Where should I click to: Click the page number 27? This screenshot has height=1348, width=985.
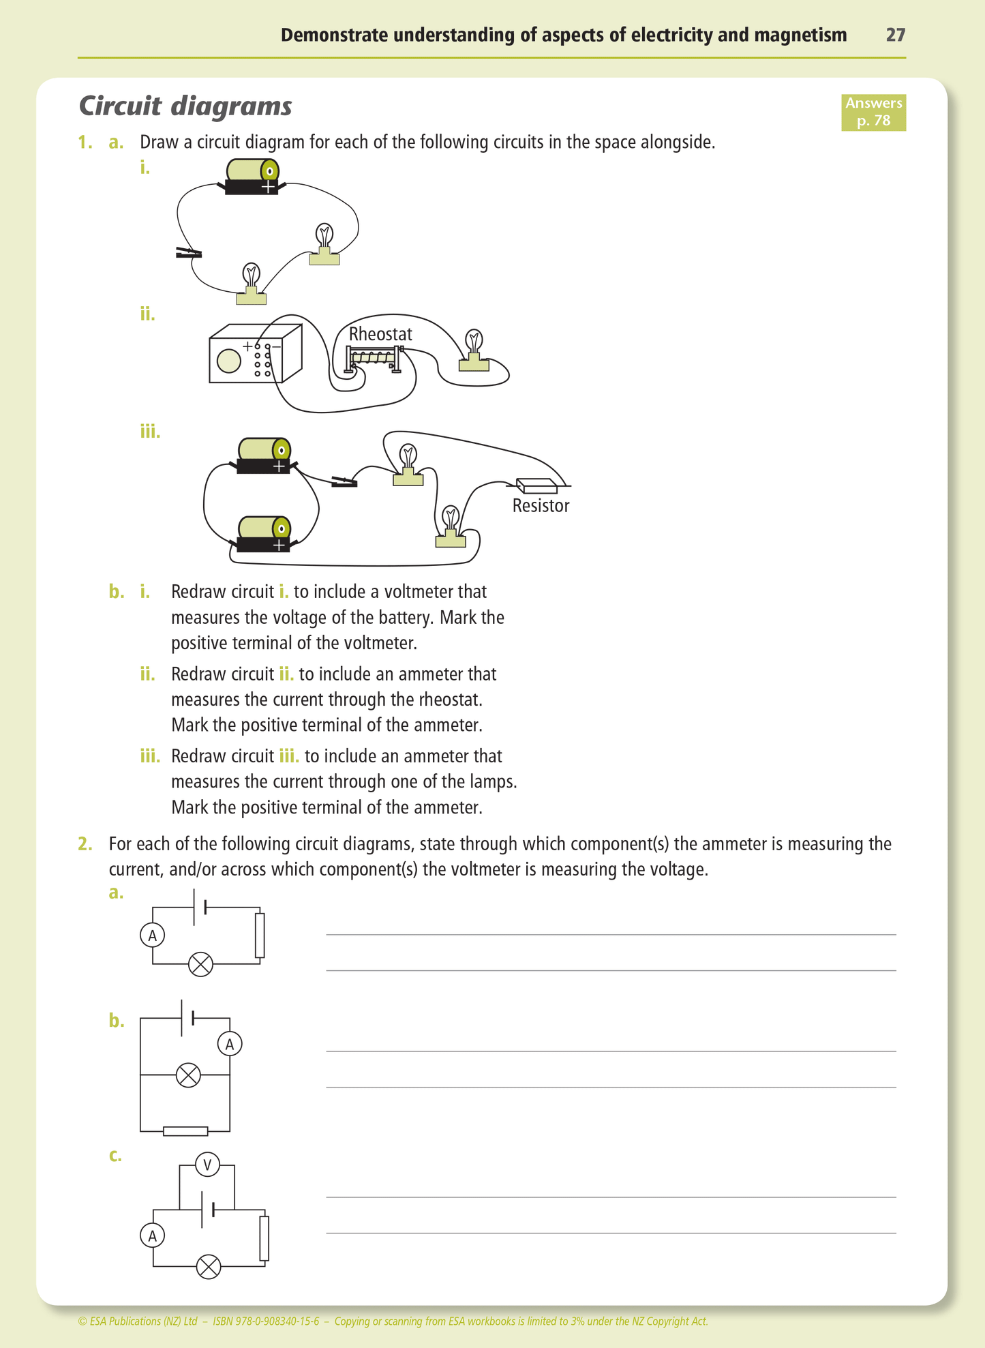coord(895,35)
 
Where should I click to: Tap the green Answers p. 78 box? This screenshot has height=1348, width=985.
coord(873,113)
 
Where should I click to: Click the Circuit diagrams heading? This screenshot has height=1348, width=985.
coord(185,106)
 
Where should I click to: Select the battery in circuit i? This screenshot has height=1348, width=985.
coord(252,176)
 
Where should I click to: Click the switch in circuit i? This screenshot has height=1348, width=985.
coord(188,253)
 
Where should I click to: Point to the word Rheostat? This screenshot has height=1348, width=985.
coord(380,334)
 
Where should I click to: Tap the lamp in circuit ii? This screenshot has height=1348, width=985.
coord(474,351)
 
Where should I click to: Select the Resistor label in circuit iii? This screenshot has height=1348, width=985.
coord(541,506)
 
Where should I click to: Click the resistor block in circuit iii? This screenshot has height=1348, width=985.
coord(537,485)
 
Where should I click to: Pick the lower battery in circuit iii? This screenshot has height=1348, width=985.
coord(264,534)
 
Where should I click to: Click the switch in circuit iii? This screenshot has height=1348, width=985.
coord(344,483)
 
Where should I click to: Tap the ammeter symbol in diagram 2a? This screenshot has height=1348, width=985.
coord(153,935)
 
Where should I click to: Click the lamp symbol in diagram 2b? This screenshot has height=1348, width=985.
coord(188,1075)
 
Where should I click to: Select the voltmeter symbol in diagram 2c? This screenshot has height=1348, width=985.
coord(207,1165)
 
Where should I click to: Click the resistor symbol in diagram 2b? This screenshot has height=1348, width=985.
coord(185,1131)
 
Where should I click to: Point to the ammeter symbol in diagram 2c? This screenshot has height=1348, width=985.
coord(153,1235)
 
